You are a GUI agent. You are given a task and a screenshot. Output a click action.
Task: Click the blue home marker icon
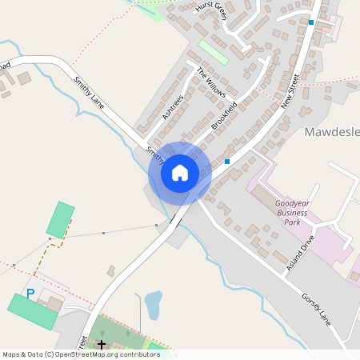click(x=180, y=173)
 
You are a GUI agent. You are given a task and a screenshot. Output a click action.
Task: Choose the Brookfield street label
click(x=225, y=116)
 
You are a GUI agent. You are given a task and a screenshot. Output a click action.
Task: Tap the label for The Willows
click(x=211, y=83)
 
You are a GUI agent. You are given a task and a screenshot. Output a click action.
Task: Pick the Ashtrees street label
click(x=173, y=107)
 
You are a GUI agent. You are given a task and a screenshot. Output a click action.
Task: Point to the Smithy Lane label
click(x=89, y=91)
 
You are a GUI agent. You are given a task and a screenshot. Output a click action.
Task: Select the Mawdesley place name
click(x=332, y=131)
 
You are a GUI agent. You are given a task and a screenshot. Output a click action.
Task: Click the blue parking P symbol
click(x=31, y=294)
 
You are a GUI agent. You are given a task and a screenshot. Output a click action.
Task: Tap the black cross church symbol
click(x=102, y=345)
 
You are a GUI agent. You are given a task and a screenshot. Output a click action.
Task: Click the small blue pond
click(x=153, y=305)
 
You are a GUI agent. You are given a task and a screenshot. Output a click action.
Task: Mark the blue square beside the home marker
click(x=227, y=162)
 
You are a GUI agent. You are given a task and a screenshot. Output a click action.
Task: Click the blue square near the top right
click(x=311, y=22)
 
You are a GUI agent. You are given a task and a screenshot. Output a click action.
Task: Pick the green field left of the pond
click(x=61, y=219)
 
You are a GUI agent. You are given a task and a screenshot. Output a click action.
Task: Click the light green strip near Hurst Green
click(x=214, y=52)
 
